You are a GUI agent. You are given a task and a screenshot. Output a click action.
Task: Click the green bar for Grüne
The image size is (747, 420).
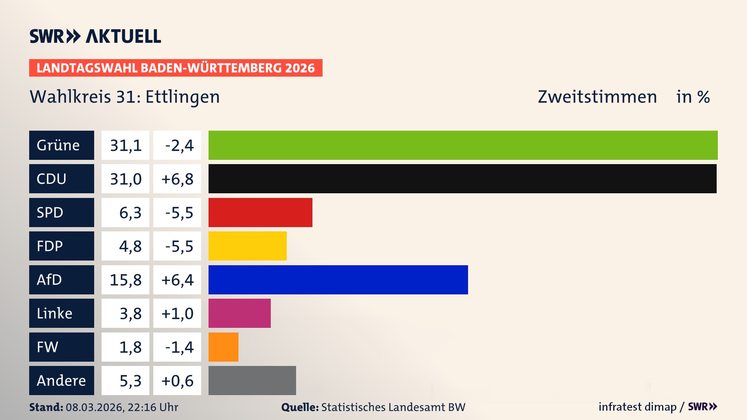[463, 145]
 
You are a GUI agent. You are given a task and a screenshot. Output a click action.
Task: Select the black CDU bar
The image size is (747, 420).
[462, 178]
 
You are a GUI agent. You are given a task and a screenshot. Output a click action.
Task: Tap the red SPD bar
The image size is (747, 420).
[260, 212]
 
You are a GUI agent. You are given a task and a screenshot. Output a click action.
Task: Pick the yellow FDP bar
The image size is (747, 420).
[247, 246]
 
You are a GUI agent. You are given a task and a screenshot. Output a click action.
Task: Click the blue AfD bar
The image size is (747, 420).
[338, 280]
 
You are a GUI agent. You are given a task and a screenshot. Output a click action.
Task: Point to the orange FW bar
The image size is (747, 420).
[223, 347]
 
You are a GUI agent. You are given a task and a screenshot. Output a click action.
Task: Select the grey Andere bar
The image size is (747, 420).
[252, 380]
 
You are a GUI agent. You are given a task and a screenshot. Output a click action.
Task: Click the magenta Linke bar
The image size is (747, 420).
[239, 313]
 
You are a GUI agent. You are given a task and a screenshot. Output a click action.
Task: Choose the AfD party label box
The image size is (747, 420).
[61, 280]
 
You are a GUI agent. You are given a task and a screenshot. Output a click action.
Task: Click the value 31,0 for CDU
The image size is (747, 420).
[125, 179]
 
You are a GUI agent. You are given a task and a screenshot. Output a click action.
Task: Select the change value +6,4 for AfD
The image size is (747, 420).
[177, 280]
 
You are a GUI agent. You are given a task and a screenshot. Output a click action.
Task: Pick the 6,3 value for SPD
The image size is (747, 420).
[130, 212]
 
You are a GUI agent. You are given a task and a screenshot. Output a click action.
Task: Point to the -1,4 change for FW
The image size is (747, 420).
[179, 347]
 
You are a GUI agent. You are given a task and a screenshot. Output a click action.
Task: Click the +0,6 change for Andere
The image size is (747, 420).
[177, 380]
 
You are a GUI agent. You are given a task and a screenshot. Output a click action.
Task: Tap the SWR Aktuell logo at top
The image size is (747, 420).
[95, 36]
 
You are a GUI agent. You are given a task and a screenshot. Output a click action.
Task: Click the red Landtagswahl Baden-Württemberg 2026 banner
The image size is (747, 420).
[175, 68]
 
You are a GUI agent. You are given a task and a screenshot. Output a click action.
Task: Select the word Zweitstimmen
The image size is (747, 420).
[597, 97]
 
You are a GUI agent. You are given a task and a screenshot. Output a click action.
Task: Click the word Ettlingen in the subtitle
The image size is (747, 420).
[182, 97]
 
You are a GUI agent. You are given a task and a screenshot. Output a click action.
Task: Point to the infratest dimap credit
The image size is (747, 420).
[637, 407]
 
